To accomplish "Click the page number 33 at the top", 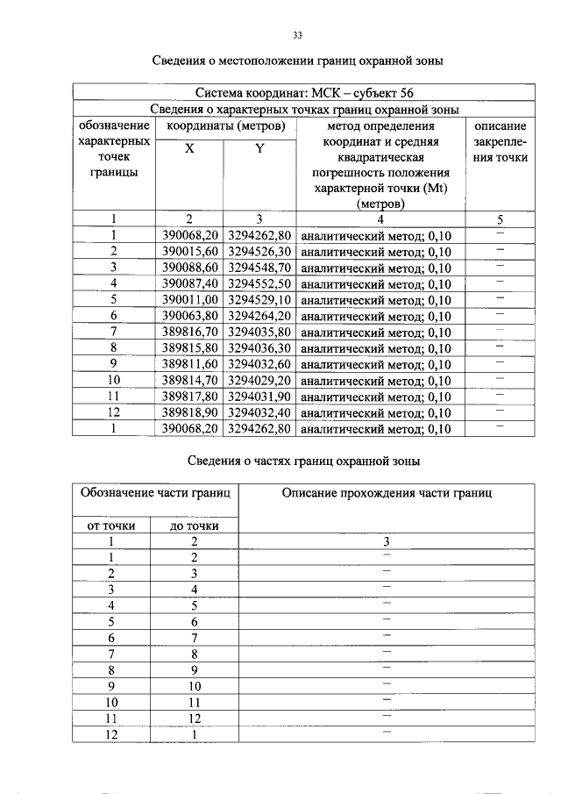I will (x=297, y=35).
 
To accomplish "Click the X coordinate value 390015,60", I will (x=189, y=251).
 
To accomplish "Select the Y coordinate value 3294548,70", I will (x=259, y=268).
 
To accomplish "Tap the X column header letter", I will (x=189, y=149).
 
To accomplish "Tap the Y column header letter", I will (x=259, y=149).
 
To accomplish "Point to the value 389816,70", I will (x=189, y=332).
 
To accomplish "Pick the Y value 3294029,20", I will (x=259, y=380).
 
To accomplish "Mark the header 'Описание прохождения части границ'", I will (x=387, y=493).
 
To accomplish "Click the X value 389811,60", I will (x=189, y=364).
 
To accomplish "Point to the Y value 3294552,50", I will (x=259, y=283).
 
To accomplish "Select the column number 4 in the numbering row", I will (x=380, y=219).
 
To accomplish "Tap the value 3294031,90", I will (x=259, y=397).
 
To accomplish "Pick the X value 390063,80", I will (x=189, y=316).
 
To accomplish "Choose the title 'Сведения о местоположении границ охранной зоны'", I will (x=297, y=61).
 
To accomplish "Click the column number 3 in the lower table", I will (x=386, y=541).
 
